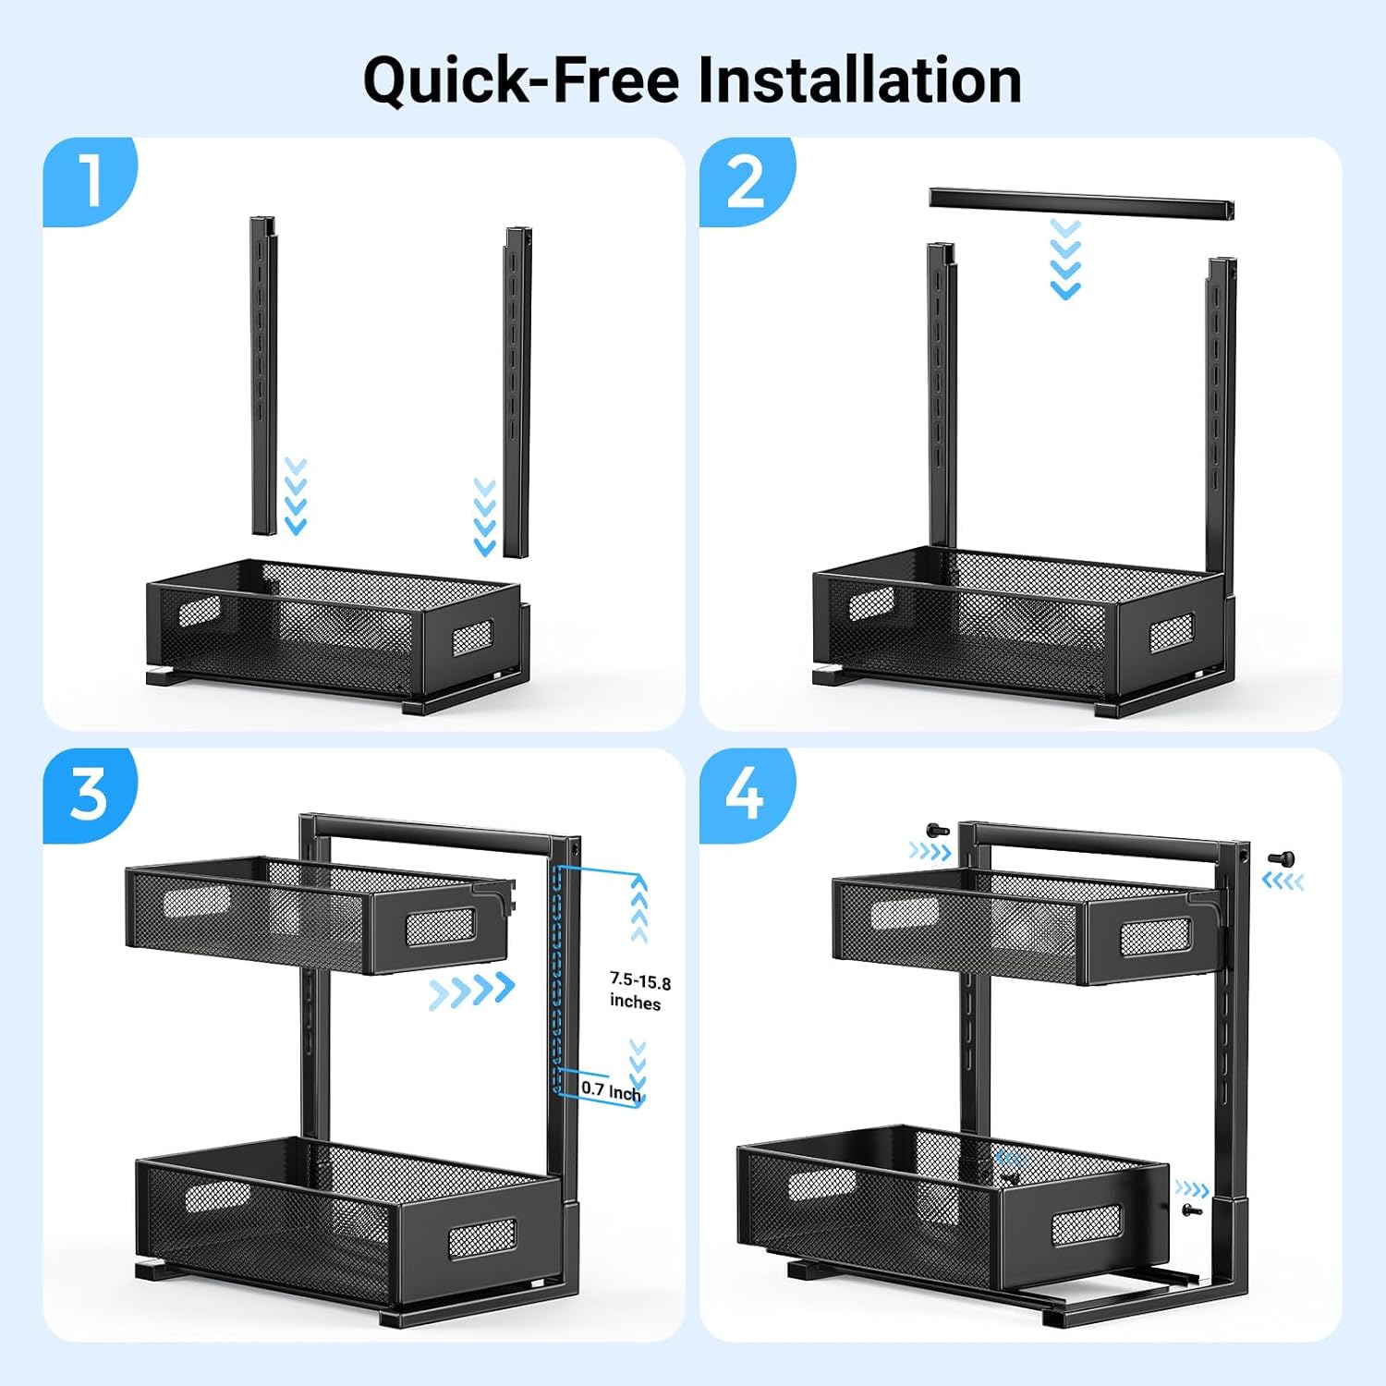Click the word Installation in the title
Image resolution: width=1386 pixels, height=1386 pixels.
click(859, 79)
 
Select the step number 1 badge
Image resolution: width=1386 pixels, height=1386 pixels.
click(90, 181)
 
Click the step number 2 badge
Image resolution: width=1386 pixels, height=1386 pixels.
click(747, 181)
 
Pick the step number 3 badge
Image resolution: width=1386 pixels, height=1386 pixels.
click(90, 795)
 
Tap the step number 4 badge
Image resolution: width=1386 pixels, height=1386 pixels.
click(747, 795)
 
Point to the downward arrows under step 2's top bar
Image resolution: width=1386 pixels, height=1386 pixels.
click(1065, 260)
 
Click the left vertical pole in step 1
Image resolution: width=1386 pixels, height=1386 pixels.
click(263, 376)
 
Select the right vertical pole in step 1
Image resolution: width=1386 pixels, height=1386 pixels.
click(517, 392)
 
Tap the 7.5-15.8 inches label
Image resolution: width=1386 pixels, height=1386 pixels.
click(639, 991)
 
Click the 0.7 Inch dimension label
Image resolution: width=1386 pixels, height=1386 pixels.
click(611, 1090)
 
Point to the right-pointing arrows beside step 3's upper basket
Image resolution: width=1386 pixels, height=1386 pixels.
click(472, 991)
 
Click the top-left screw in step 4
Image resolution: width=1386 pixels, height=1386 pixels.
click(937, 831)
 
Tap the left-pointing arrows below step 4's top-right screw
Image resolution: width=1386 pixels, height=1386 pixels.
click(1283, 882)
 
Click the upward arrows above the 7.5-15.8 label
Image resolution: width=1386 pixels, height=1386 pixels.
click(638, 909)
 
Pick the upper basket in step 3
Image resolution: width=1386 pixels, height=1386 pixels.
click(320, 914)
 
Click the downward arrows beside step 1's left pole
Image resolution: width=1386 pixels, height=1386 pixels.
click(295, 496)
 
